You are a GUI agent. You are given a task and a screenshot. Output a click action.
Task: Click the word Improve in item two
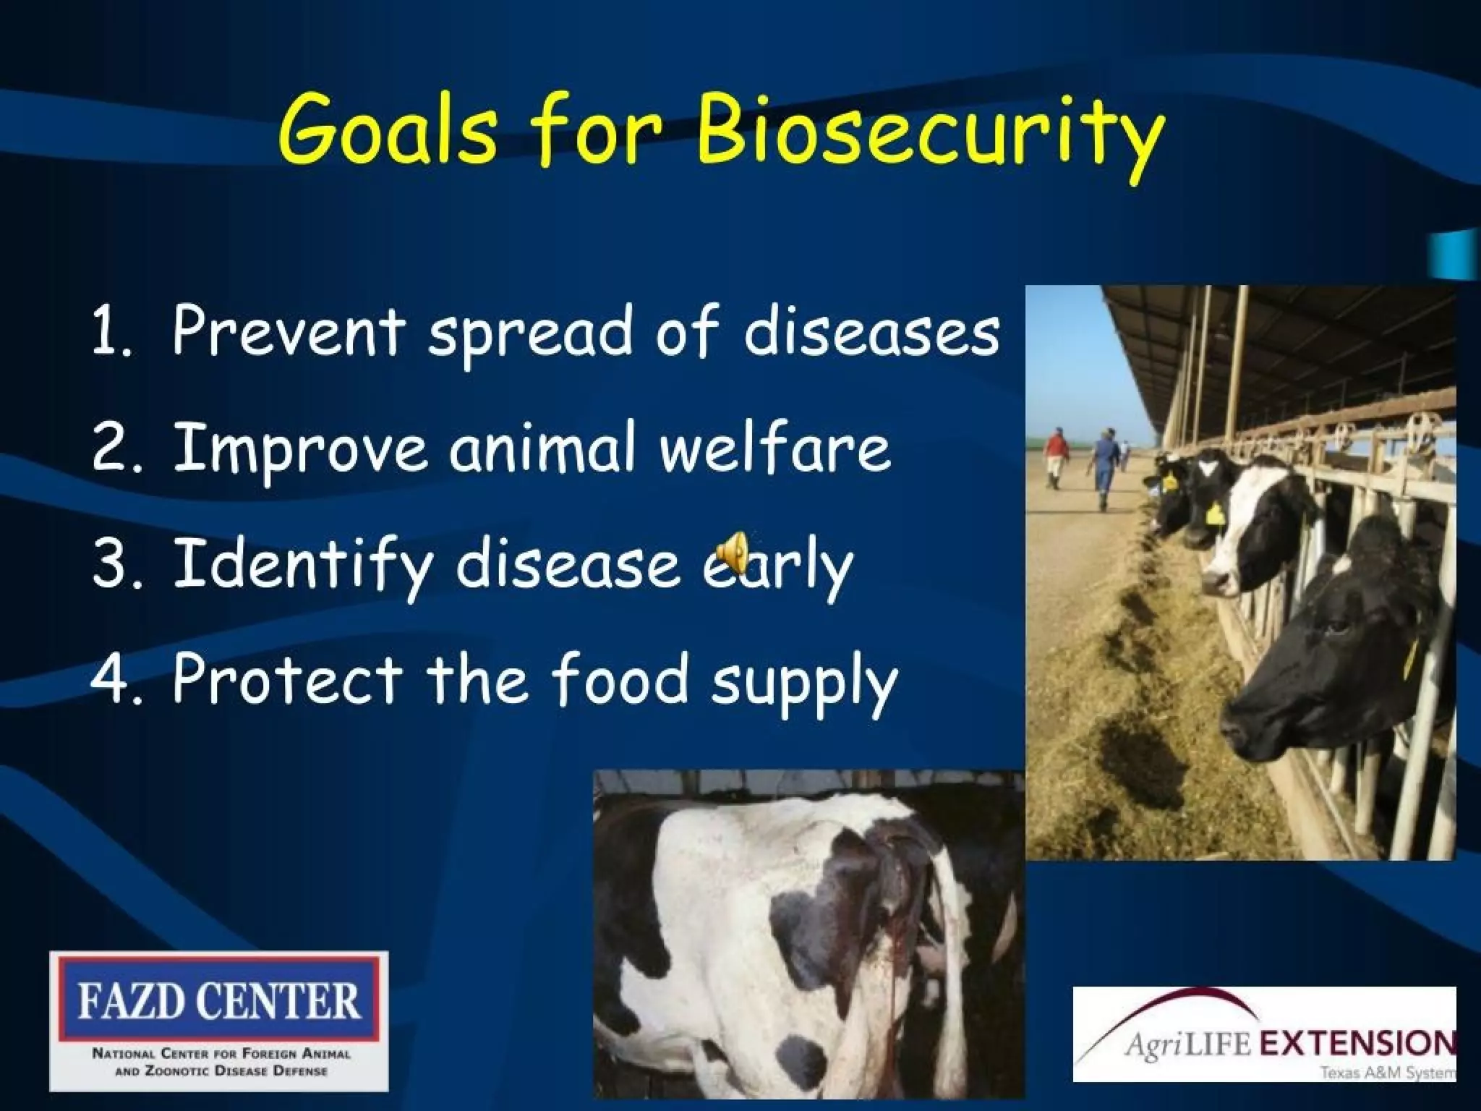tap(299, 448)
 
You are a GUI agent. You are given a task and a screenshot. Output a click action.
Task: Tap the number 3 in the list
tap(109, 563)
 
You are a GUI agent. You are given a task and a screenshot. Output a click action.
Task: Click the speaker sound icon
tap(732, 553)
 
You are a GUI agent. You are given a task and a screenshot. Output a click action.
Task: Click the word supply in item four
tap(803, 683)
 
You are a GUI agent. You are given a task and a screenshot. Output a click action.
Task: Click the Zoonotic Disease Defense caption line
tap(221, 1071)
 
